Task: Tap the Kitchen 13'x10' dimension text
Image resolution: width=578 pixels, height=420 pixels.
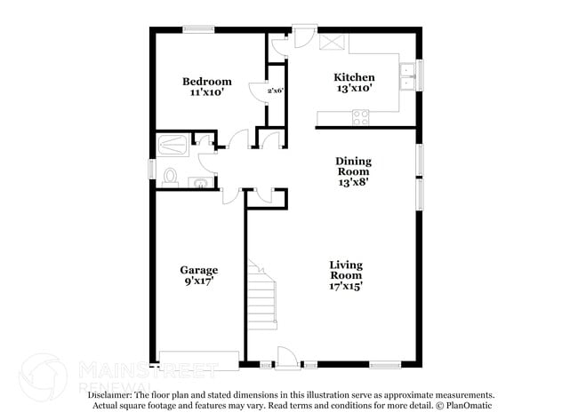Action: click(353, 88)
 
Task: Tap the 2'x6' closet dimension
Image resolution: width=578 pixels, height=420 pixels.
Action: click(275, 91)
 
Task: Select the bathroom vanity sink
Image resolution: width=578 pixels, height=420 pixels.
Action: click(201, 184)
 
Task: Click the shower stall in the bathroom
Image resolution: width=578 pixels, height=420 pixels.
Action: click(174, 143)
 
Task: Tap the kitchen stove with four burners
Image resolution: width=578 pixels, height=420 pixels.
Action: click(361, 115)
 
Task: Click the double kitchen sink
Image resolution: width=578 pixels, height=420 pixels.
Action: click(409, 77)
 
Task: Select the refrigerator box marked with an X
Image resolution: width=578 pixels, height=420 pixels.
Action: click(333, 42)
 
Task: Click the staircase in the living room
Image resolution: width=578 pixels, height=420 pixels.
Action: click(262, 293)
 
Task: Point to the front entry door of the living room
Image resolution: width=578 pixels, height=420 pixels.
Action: click(286, 358)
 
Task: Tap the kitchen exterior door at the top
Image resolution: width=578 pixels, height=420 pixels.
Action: click(303, 36)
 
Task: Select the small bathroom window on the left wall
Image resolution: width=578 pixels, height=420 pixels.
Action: click(151, 167)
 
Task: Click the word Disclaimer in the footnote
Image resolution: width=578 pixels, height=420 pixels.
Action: click(110, 395)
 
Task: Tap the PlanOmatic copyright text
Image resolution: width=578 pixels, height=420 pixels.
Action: click(468, 406)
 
